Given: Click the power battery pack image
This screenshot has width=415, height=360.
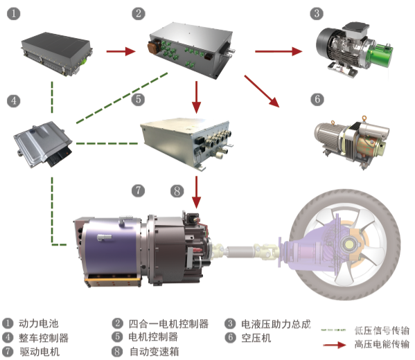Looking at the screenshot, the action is pyautogui.click(x=57, y=54).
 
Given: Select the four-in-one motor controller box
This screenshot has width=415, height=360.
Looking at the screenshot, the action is pyautogui.click(x=191, y=51).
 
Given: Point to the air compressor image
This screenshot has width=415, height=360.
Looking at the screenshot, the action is pyautogui.click(x=352, y=141).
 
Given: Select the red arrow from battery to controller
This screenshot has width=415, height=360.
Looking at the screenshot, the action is pyautogui.click(x=121, y=51).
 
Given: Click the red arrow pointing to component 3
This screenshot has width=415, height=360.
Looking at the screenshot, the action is pyautogui.click(x=279, y=51).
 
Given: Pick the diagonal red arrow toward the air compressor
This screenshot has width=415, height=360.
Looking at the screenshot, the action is pyautogui.click(x=262, y=91).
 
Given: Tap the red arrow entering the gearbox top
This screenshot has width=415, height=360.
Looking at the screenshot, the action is pyautogui.click(x=196, y=192).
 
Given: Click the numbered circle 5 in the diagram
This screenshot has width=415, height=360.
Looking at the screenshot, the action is pyautogui.click(x=138, y=100).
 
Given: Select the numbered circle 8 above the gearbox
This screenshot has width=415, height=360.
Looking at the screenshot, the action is pyautogui.click(x=177, y=190).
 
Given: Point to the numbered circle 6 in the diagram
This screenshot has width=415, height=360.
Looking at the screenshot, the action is pyautogui.click(x=317, y=100).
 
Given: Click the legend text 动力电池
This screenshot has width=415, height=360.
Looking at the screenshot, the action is pyautogui.click(x=38, y=323).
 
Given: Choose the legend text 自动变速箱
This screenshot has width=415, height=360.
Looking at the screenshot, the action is pyautogui.click(x=154, y=352).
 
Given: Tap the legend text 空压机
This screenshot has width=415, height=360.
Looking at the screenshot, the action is pyautogui.click(x=256, y=338).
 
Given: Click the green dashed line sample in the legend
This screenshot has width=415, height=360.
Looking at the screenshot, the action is pyautogui.click(x=333, y=330).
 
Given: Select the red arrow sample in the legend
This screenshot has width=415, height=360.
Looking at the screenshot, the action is pyautogui.click(x=335, y=345).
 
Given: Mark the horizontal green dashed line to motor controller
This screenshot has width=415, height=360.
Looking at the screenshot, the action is pyautogui.click(x=107, y=143).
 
